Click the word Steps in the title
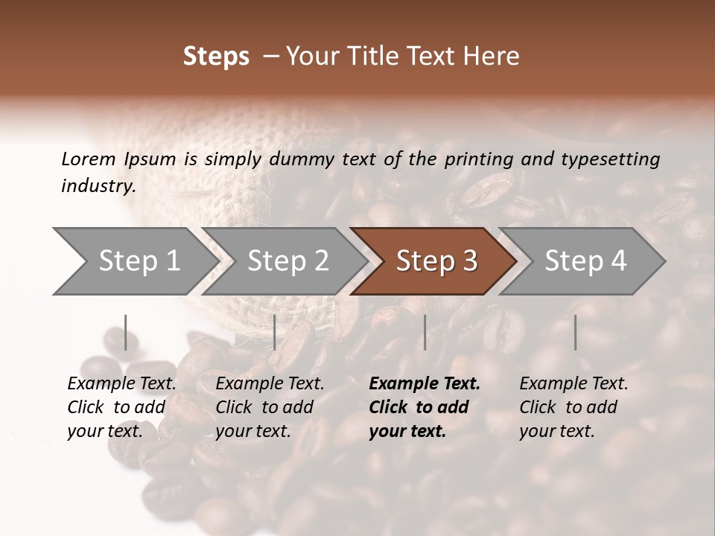(216, 57)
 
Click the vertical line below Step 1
(126, 332)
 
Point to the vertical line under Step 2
(275, 332)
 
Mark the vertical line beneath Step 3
(425, 332)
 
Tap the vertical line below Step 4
(575, 332)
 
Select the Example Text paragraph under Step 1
(121, 406)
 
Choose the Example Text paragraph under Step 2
(270, 406)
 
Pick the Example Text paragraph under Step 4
(573, 406)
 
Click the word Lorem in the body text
(89, 159)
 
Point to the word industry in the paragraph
(98, 185)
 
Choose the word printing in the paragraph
(480, 159)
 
